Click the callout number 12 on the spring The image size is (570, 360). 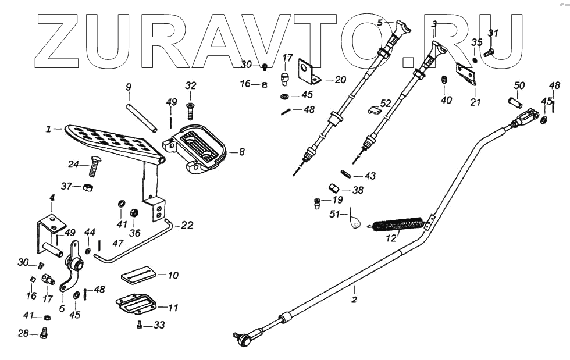pos(391,238)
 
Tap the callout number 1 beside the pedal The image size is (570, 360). pos(49,128)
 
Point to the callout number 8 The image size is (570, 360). pos(242,152)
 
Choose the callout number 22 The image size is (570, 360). pos(188,226)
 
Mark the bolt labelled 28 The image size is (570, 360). pos(45,334)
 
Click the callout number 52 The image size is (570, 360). pos(386,103)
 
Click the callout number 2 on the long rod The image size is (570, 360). pos(354,300)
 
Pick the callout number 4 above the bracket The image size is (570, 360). pos(52,198)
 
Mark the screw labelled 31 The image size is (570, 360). pos(489,52)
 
